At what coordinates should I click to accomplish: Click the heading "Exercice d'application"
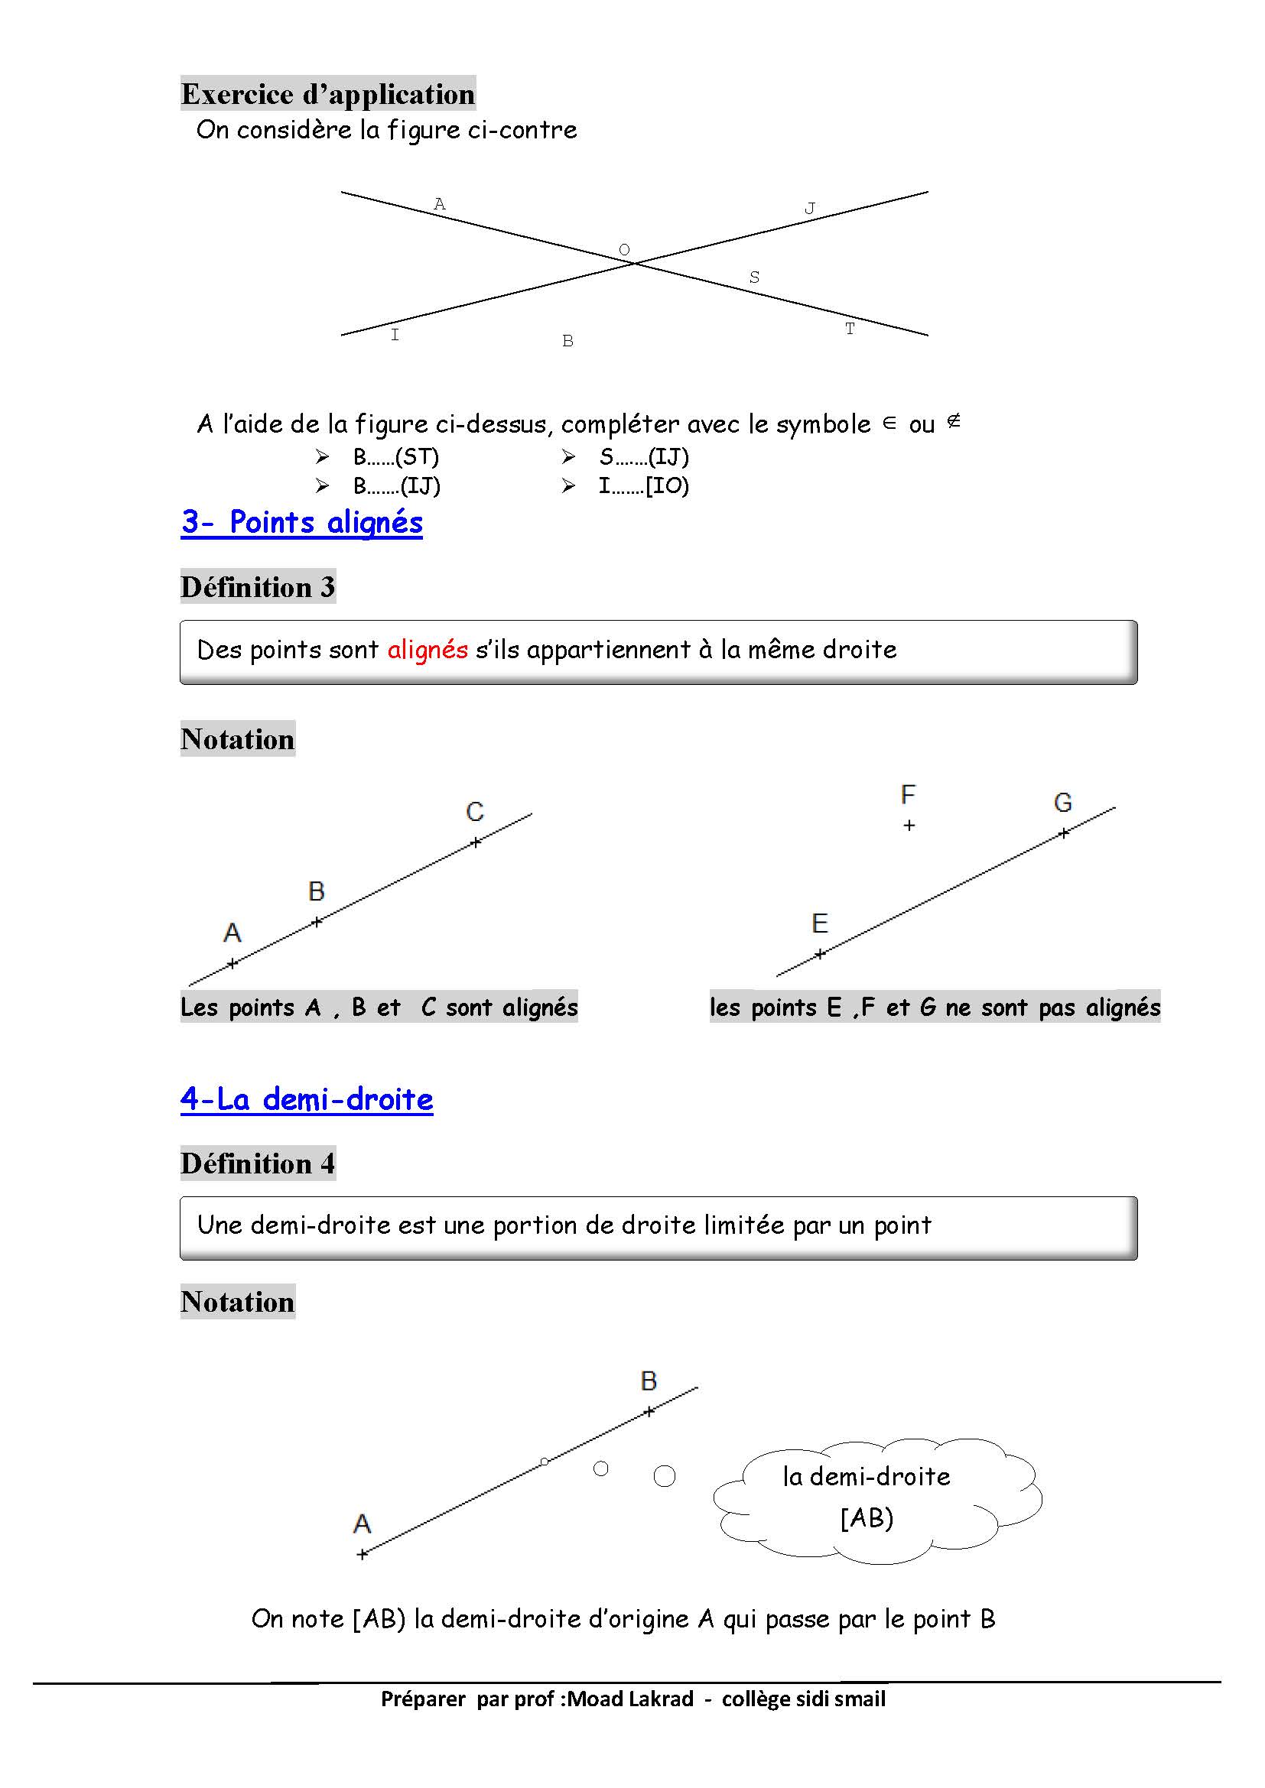click(328, 94)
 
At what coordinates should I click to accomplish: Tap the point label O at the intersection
click(624, 250)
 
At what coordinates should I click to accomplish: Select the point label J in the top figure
click(810, 209)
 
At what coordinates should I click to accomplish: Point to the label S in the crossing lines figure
click(754, 277)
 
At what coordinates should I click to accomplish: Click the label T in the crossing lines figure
click(850, 329)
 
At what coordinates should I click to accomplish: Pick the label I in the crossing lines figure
click(395, 335)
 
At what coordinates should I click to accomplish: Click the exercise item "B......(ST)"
click(395, 456)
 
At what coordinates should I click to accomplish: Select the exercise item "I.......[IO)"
click(643, 486)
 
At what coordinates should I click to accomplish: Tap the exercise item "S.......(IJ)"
click(643, 456)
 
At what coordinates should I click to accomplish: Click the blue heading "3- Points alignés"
click(302, 523)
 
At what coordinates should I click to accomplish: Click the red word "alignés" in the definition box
click(428, 650)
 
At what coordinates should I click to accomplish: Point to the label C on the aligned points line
click(475, 813)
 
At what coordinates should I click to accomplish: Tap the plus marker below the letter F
click(909, 826)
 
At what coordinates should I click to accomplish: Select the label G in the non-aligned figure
click(1063, 802)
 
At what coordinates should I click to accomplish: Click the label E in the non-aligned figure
click(819, 923)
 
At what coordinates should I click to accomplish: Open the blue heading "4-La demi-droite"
click(307, 1099)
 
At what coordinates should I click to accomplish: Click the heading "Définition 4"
click(258, 1163)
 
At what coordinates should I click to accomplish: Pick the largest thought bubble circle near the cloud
click(665, 1475)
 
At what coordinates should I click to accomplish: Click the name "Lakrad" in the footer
click(661, 1699)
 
